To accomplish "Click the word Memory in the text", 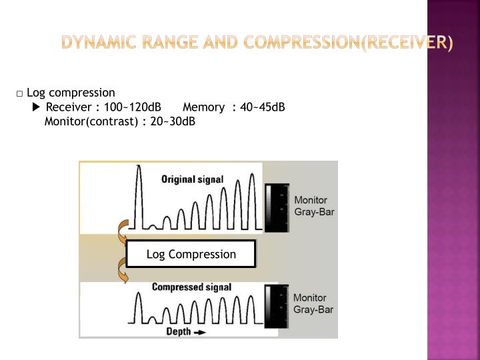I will pos(203,107).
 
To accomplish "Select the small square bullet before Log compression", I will pos(21,93).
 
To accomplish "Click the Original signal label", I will pos(193,179).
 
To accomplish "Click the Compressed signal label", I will pos(192,287).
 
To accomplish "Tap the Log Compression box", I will pos(191,254).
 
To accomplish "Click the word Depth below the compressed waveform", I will pos(178,331).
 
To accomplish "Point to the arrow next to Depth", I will pos(199,332).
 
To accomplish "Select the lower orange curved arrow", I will pos(123,270).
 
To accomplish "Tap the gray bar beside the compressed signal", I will pos(277,305).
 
